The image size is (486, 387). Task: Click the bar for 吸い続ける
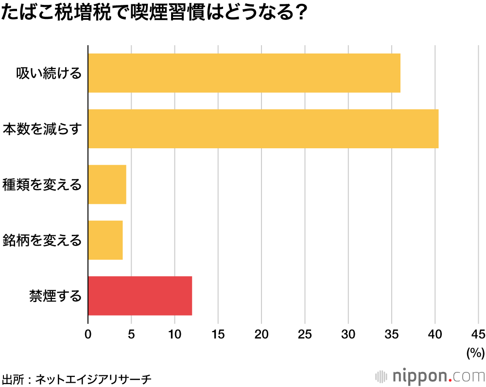[x=244, y=73]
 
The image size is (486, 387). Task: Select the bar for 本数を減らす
[x=263, y=129]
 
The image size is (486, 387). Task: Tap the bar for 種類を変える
[x=107, y=185]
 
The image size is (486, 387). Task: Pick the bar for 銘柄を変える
[x=105, y=240]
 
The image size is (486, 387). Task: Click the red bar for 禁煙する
[x=140, y=296]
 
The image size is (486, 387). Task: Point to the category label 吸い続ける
[x=49, y=73]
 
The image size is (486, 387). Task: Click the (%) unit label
[x=475, y=353]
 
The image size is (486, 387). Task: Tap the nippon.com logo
[x=431, y=376]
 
